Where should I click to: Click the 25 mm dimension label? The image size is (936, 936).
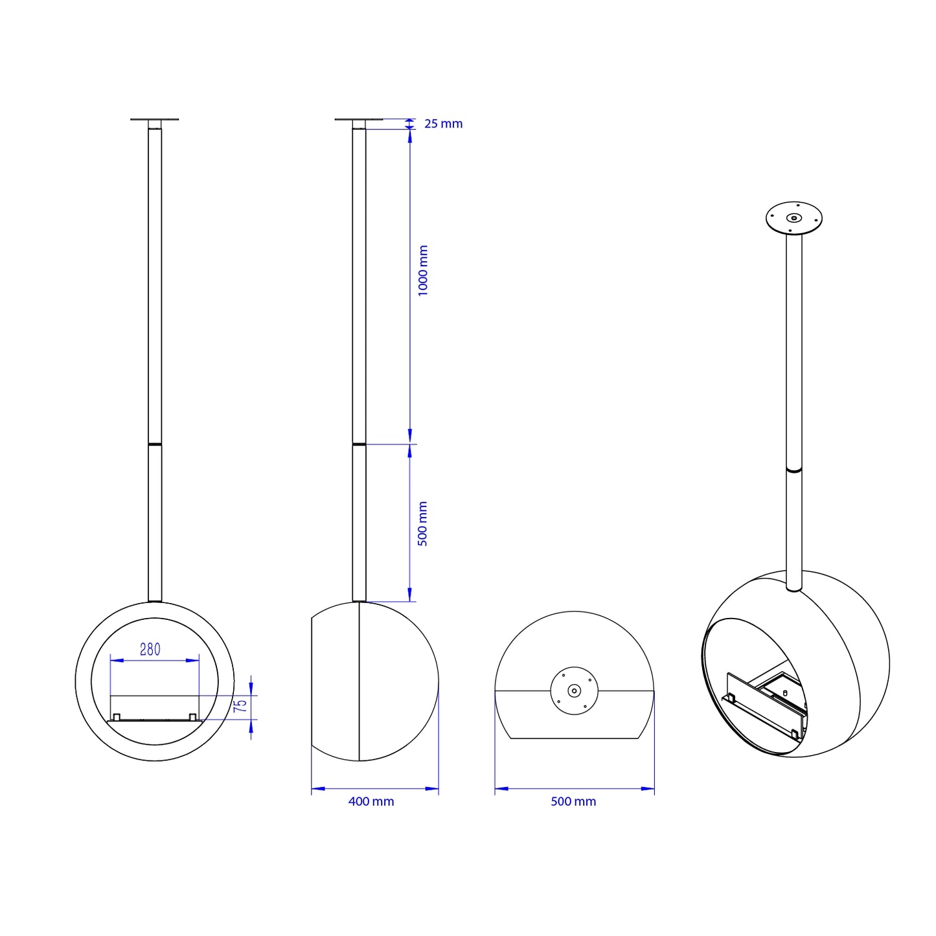[x=443, y=124]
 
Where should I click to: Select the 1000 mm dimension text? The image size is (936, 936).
[x=422, y=271]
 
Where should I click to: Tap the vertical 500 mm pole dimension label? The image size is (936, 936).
[x=422, y=523]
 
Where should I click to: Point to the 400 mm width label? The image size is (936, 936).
[x=371, y=801]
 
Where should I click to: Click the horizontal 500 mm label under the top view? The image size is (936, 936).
[x=573, y=801]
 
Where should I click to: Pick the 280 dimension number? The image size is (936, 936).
[x=150, y=650]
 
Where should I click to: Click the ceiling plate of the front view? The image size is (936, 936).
[x=154, y=119]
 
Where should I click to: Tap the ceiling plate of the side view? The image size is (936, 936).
[x=359, y=119]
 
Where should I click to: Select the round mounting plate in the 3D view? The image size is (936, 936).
[x=793, y=218]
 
